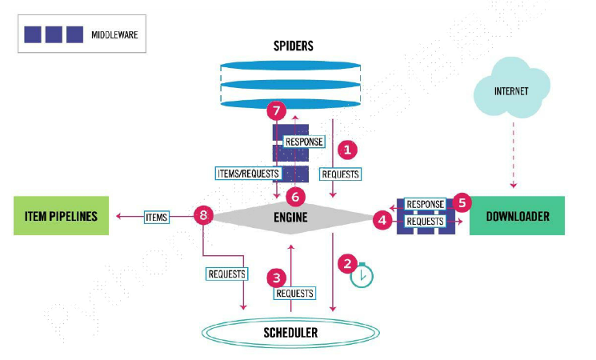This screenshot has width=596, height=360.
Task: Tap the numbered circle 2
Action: pos(346,262)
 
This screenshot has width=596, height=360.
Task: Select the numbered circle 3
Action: pos(277,278)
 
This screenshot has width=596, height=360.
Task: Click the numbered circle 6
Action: pos(296,195)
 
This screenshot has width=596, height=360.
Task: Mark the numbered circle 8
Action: pos(204,215)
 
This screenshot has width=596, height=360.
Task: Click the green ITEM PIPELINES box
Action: pos(61,215)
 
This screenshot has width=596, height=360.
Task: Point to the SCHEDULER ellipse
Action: pos(290,332)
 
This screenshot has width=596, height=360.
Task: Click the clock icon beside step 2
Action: pos(362,274)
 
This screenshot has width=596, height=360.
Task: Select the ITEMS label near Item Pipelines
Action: pos(156,215)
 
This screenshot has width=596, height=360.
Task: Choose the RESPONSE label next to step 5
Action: pos(425,204)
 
